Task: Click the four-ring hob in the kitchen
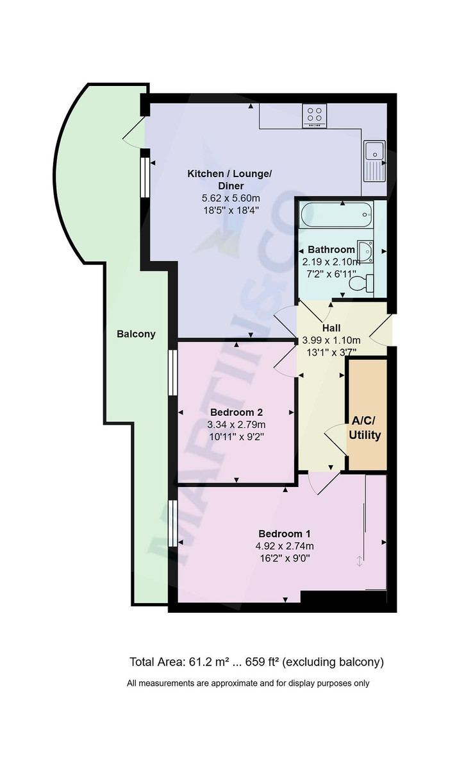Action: coord(315,116)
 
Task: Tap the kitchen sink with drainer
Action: coord(374,160)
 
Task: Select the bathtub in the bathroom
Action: coord(336,214)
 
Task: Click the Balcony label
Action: coord(136,334)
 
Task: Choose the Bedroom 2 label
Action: coord(236,412)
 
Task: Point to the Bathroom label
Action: coord(331,250)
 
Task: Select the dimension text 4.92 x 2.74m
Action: coord(285,546)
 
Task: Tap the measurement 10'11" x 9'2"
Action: coord(236,436)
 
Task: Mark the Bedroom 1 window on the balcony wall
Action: coord(172,522)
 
